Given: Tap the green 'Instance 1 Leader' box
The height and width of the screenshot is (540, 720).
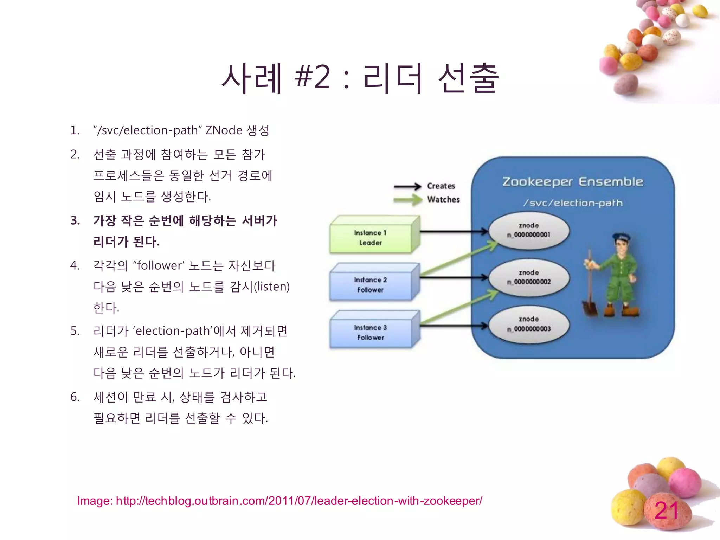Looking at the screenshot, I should [371, 238].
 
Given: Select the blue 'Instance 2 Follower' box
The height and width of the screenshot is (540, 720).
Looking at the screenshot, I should [371, 285].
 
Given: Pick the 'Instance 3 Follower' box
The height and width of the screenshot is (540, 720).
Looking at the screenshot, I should [371, 332].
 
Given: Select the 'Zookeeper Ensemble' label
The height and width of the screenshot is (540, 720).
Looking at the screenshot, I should [572, 182].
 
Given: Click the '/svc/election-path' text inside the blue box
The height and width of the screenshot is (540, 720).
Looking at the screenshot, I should [572, 203].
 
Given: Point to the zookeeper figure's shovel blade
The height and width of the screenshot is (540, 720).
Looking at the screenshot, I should [590, 308].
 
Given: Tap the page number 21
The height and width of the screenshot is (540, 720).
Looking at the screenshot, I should [666, 510].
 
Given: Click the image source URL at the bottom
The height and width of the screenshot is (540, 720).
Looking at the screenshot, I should [279, 501].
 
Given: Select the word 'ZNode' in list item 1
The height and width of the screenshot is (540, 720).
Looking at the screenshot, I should [224, 130].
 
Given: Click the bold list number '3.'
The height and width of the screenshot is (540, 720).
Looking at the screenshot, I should [75, 221].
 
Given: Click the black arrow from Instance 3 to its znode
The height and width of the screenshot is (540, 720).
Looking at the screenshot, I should [454, 326].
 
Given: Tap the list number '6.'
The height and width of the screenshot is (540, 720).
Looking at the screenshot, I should [75, 397].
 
